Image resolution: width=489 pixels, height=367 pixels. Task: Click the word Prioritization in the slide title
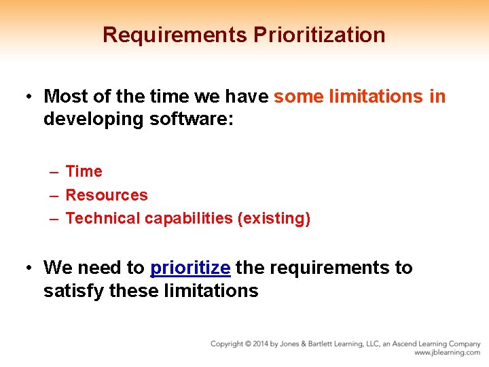pos(319,35)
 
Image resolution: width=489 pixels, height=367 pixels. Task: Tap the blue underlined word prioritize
pos(190,268)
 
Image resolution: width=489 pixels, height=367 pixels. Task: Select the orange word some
pos(298,97)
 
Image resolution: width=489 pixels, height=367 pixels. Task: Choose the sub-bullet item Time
pos(84,172)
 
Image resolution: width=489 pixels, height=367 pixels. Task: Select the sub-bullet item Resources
pos(107,195)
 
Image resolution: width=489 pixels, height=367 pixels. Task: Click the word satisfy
pos(73,291)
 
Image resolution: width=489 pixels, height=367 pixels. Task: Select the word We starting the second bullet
pos(56,268)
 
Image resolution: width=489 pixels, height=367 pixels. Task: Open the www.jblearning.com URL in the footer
pos(447,353)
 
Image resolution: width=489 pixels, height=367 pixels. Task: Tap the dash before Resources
pos(53,195)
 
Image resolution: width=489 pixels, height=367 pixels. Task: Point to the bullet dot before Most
pos(30,97)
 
